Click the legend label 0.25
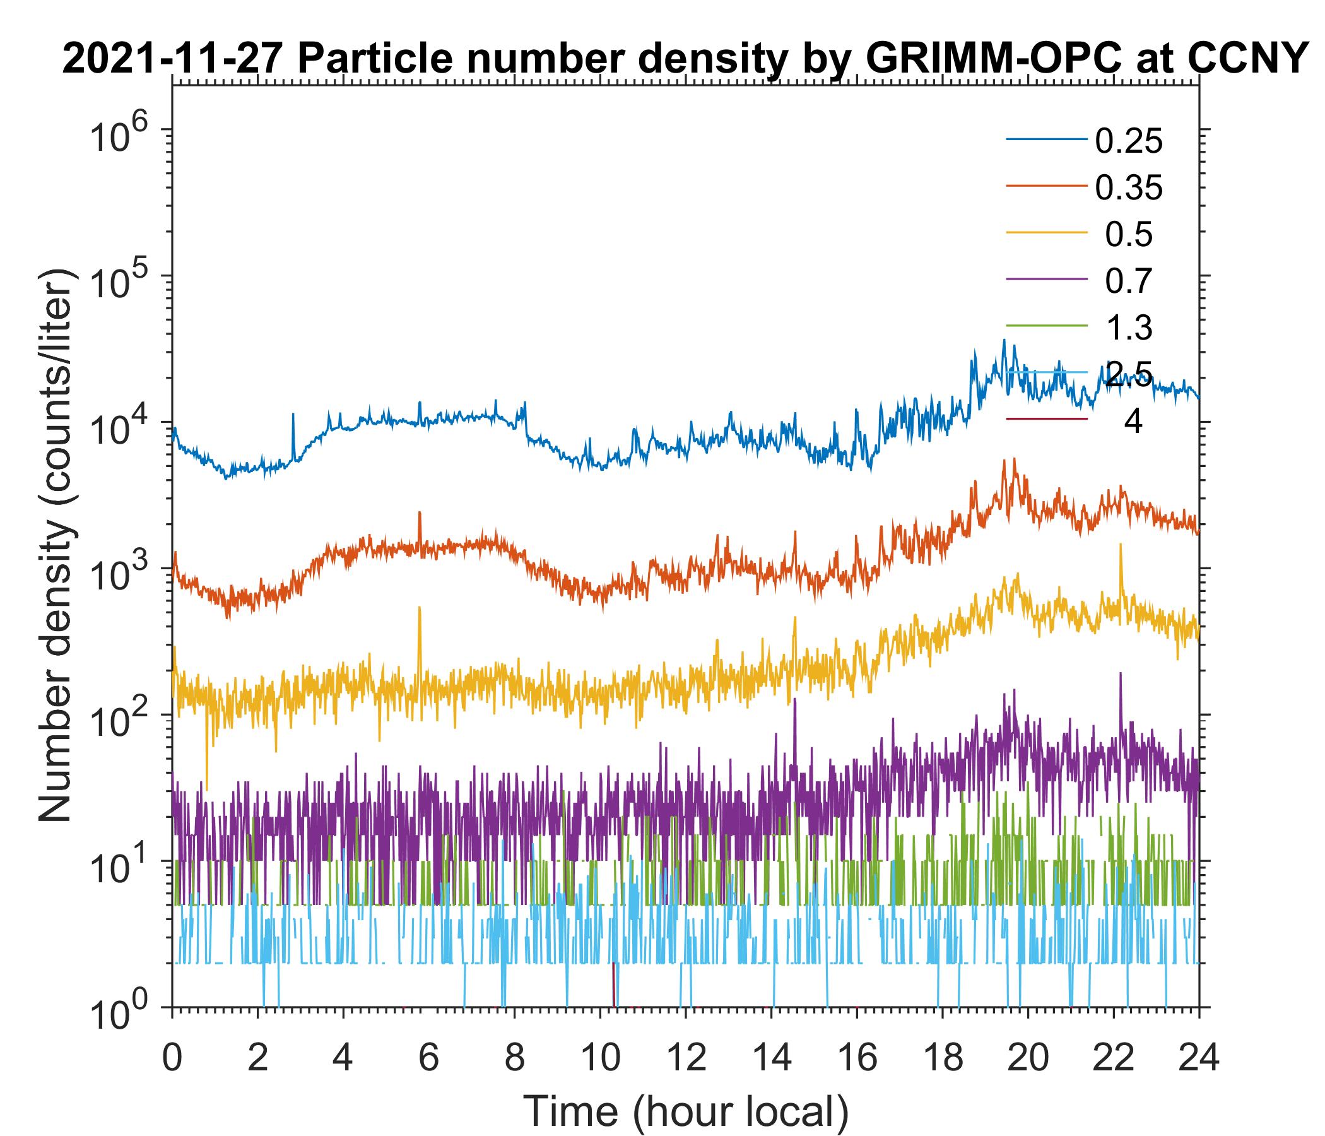click(1129, 141)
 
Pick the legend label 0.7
click(1129, 281)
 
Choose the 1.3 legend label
click(1129, 328)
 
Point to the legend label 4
click(1133, 422)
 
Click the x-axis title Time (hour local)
click(686, 1111)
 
